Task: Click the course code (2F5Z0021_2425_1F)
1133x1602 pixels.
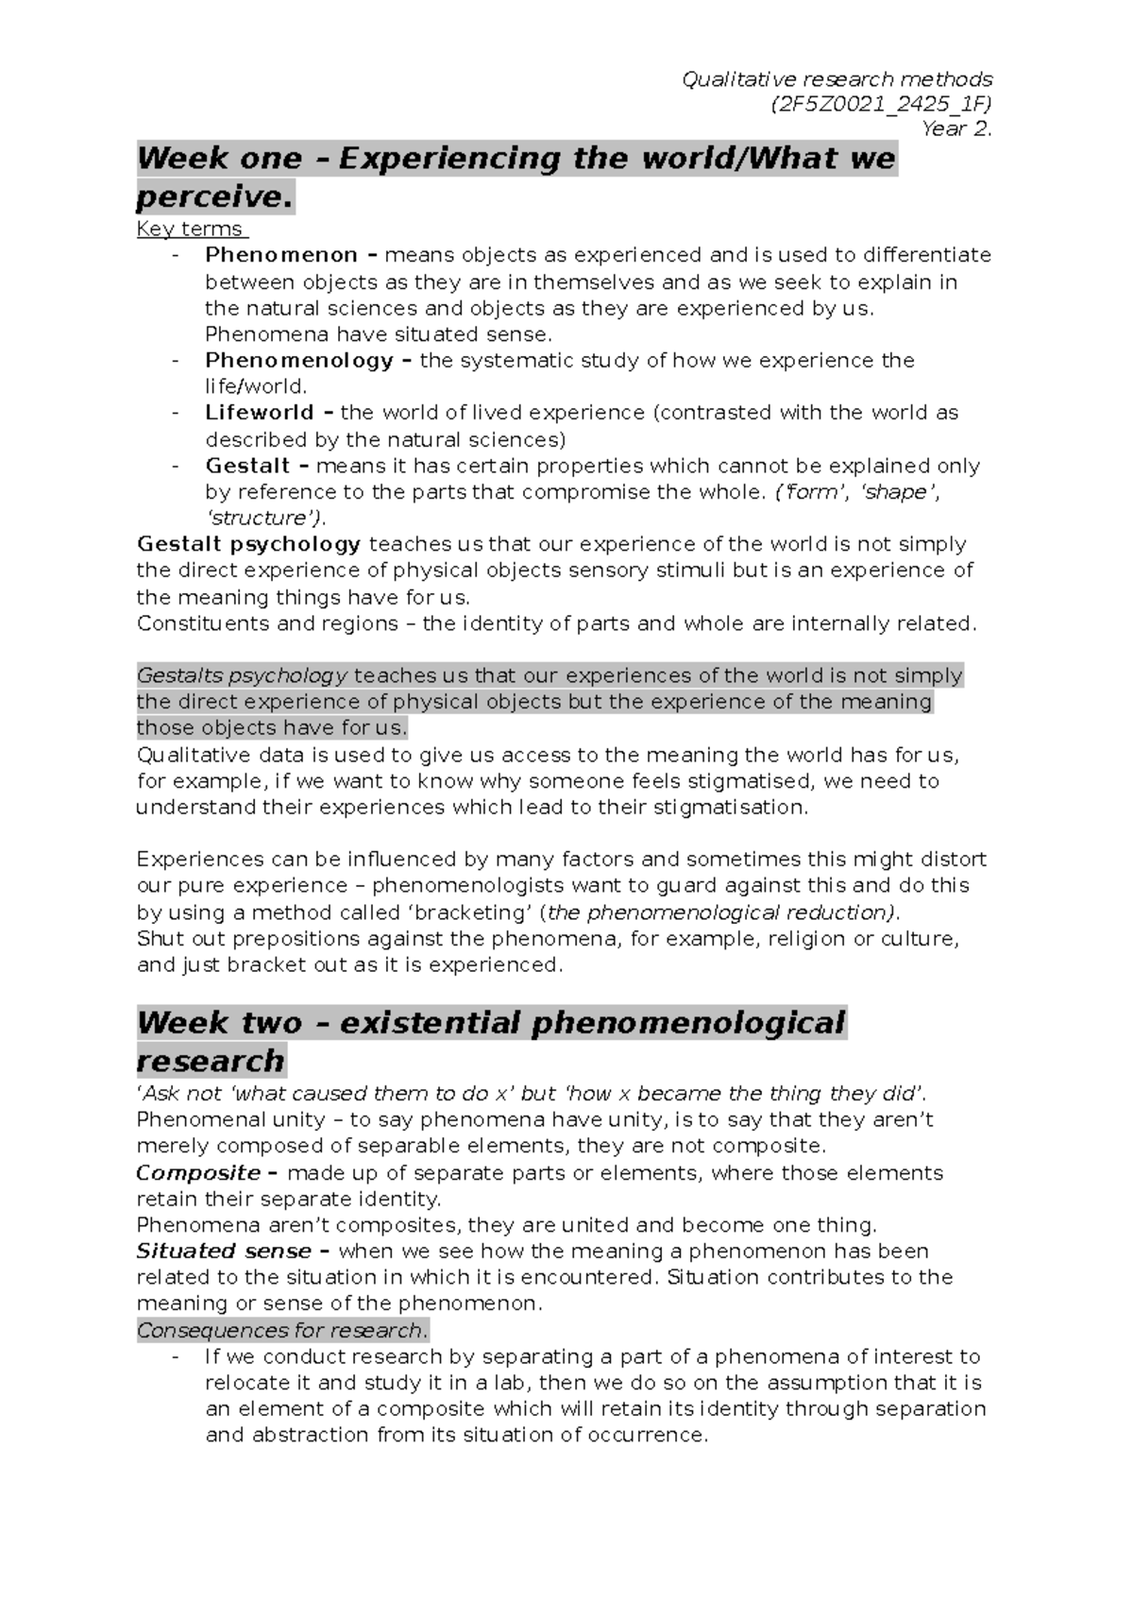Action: pyautogui.click(x=882, y=104)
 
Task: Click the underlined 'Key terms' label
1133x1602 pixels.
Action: pyautogui.click(x=190, y=229)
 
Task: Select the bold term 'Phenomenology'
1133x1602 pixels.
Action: pyautogui.click(x=299, y=360)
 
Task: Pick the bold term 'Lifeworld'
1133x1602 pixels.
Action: pyautogui.click(x=260, y=413)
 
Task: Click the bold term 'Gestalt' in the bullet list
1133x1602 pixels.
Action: pyautogui.click(x=247, y=466)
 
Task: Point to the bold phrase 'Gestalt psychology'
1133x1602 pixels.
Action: pyautogui.click(x=249, y=544)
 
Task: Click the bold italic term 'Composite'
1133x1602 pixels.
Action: pyautogui.click(x=198, y=1173)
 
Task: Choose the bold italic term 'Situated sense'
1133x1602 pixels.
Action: pyautogui.click(x=224, y=1252)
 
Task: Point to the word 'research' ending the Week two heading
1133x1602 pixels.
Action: pyautogui.click(x=211, y=1061)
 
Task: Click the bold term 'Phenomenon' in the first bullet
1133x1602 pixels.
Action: pyautogui.click(x=281, y=255)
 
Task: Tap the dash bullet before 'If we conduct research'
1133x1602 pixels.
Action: pyautogui.click(x=177, y=1357)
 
